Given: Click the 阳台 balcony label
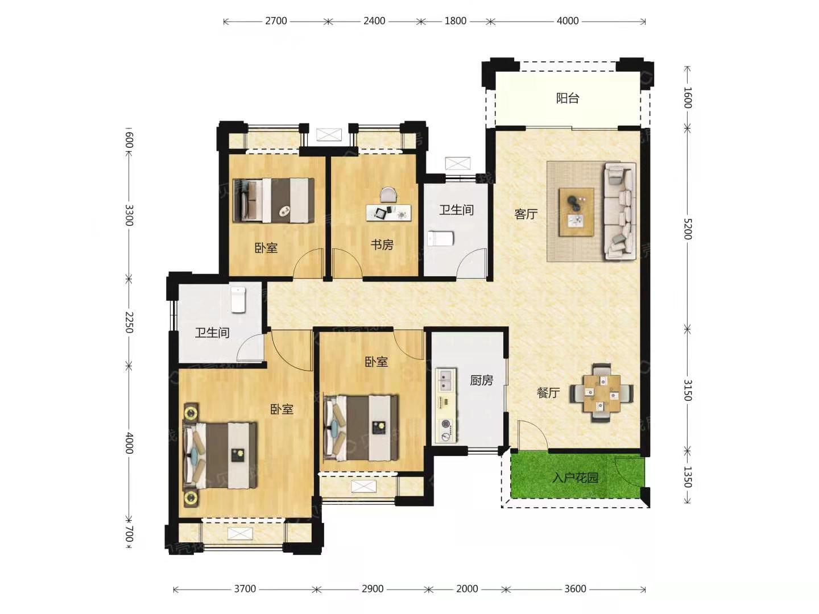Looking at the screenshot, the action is [567, 98].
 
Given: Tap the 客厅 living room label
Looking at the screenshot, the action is [526, 214].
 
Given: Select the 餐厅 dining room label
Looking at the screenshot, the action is [548, 392].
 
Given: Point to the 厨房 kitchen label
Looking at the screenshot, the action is [481, 380].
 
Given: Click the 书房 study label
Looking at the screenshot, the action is [382, 245].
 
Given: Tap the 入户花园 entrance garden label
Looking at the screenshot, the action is [575, 478].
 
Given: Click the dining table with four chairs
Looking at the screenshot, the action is [601, 393].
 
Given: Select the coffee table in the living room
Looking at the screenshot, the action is [576, 211].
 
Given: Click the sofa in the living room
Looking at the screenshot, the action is [620, 211].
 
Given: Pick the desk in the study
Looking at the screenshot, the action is [388, 212].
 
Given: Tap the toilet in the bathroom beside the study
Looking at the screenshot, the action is [440, 239].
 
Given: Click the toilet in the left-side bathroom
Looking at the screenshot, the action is [238, 300].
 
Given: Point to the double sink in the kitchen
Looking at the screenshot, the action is [446, 380].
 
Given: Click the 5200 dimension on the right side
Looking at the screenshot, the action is [688, 229].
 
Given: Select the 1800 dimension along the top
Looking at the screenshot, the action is [455, 21].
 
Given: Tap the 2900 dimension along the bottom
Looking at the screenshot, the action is [373, 588].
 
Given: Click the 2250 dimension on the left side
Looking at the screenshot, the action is [129, 322].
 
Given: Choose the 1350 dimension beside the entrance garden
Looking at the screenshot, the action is [688, 477].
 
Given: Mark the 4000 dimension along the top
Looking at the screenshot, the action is [568, 21].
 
